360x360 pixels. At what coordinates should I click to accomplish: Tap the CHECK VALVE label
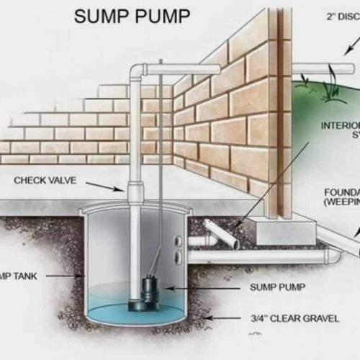click(x=47, y=180)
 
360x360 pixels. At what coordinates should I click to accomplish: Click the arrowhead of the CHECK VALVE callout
click(x=124, y=190)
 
